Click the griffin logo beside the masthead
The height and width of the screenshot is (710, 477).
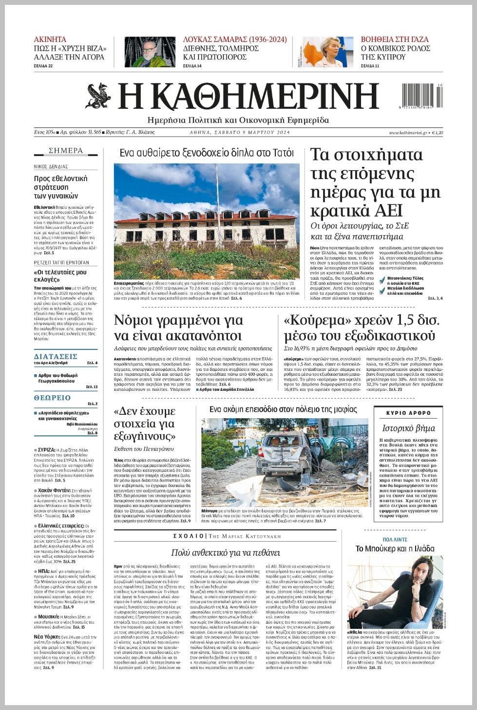point(99,96)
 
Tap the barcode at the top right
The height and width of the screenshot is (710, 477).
point(422,96)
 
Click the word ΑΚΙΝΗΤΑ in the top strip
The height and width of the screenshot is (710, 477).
point(50,40)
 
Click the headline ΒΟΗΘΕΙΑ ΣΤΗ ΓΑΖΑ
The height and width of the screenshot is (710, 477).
point(395,40)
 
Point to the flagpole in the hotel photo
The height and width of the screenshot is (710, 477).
point(216,185)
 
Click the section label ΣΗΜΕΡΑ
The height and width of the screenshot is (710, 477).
point(66,151)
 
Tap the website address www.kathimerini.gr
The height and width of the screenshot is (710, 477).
point(408,133)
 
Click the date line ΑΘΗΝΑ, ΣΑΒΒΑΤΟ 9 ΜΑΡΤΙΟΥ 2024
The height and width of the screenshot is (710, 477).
point(239,133)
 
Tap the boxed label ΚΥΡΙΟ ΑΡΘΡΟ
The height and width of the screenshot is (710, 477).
point(408,413)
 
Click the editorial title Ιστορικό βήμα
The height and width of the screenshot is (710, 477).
point(408,428)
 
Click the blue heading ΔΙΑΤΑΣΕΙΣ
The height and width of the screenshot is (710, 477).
point(56,356)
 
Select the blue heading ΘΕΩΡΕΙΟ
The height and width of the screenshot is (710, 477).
point(52,398)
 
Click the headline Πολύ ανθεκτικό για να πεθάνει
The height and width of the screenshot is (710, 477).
point(225,553)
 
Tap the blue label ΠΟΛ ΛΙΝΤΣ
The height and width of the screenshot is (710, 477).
point(395,540)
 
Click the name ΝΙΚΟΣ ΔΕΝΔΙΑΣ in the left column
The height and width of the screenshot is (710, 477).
point(51,167)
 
